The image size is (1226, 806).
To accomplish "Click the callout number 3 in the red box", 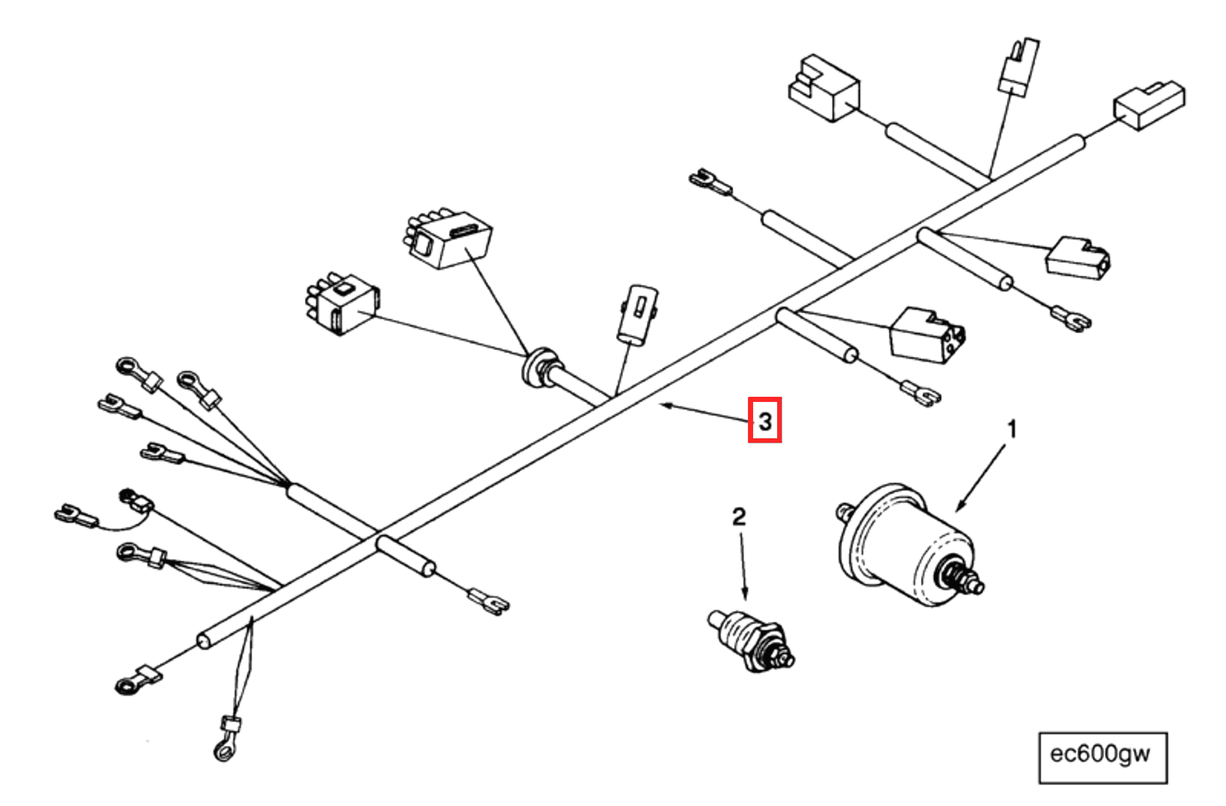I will [x=764, y=420].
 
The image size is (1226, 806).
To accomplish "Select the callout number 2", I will [x=739, y=516].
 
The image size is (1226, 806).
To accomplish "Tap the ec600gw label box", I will [x=1102, y=757].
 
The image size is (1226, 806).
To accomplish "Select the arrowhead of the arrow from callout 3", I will [x=663, y=405].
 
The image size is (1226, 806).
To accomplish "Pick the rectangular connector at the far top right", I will [x=1148, y=106].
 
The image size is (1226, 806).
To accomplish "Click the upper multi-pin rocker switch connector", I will [x=447, y=239].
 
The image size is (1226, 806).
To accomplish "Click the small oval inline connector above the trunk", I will [x=637, y=314].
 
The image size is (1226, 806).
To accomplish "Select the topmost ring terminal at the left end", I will [x=128, y=365].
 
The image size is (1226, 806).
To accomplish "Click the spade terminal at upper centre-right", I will [x=708, y=180].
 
